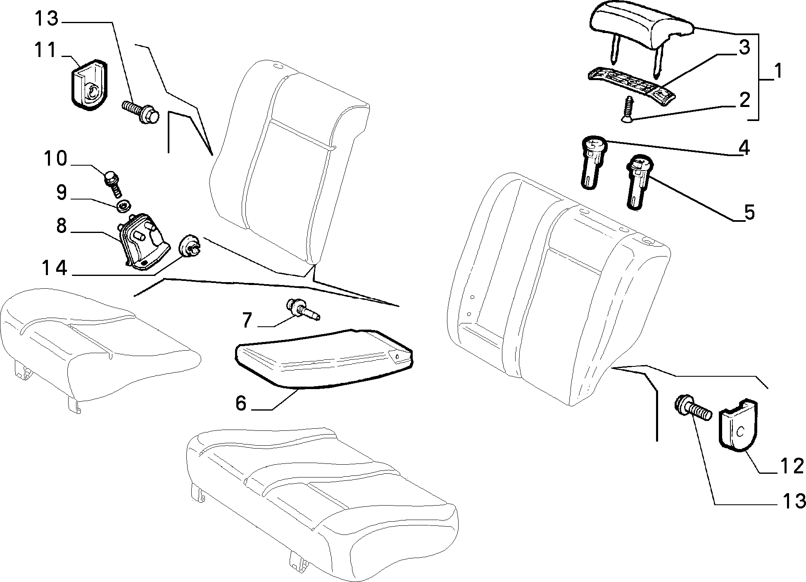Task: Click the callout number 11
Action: pos(44,51)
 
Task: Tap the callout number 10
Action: pos(56,159)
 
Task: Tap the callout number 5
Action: pos(749,212)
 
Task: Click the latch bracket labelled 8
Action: pos(143,242)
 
